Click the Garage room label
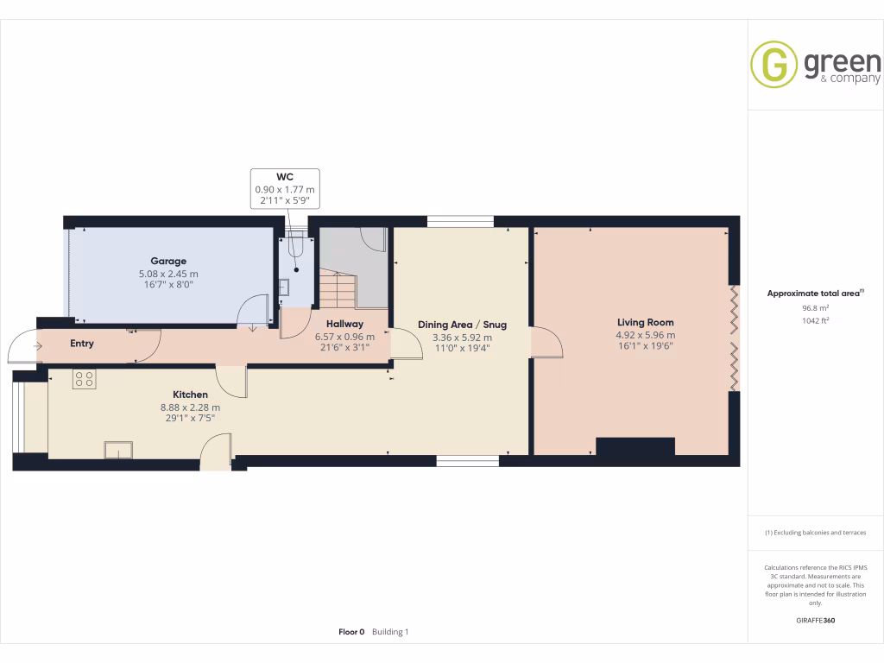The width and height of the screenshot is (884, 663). [168, 261]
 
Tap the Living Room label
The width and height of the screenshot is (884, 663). [645, 323]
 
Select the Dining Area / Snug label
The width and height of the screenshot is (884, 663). [462, 325]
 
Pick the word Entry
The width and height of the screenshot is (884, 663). [82, 344]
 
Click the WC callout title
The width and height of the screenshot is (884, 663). [285, 177]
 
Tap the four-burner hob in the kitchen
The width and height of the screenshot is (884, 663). [85, 379]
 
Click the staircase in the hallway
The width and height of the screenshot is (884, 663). [337, 288]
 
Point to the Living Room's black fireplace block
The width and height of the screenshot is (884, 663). [635, 446]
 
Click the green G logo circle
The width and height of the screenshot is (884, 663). [773, 65]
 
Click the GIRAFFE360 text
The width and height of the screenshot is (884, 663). [815, 620]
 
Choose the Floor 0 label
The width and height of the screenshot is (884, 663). [351, 632]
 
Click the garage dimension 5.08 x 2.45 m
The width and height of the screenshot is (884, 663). [168, 274]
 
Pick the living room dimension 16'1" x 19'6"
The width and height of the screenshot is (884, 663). [645, 346]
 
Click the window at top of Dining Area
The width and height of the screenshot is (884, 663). [460, 222]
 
